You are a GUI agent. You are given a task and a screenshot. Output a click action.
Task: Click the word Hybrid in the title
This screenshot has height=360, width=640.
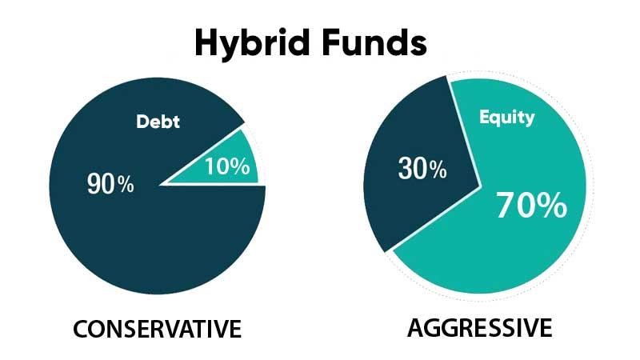(252, 44)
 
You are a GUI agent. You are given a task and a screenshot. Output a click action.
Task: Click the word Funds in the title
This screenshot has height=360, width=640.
(374, 42)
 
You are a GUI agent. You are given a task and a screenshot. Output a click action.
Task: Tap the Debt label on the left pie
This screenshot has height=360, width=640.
(158, 122)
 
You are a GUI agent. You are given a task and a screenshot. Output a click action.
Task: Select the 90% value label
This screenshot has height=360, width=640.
(110, 184)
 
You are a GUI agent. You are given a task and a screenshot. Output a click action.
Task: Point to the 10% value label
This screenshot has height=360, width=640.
(227, 166)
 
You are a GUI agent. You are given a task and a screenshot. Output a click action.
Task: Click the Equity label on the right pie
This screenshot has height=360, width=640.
(507, 118)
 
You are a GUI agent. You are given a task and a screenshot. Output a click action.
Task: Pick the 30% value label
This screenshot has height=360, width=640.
(422, 168)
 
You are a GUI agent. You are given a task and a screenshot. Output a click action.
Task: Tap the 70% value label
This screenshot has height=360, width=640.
(531, 206)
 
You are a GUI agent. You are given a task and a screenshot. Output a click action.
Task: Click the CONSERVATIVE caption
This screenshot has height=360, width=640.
(157, 329)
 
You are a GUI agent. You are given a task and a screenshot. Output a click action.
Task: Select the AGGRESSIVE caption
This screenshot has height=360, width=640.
(480, 328)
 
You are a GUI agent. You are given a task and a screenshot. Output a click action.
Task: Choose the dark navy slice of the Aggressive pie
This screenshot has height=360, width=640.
(416, 171)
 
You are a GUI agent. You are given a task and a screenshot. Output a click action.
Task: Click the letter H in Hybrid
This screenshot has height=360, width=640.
(206, 42)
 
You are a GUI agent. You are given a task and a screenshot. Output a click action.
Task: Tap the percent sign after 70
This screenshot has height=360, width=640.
(554, 206)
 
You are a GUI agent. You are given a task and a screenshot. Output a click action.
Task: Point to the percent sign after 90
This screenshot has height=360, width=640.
(126, 185)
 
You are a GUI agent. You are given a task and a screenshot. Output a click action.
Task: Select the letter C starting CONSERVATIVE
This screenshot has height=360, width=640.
(81, 329)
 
